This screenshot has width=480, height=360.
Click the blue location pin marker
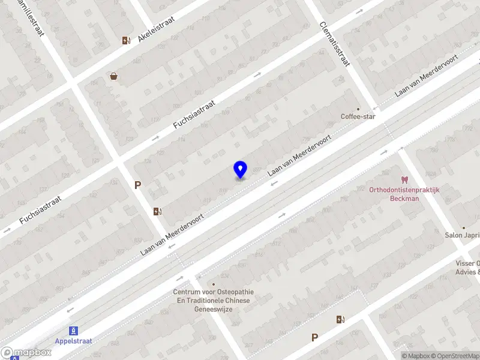point(240,169)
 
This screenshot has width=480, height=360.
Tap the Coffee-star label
point(358,116)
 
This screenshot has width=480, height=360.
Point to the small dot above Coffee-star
point(359,109)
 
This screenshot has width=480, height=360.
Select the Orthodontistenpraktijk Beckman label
point(404,194)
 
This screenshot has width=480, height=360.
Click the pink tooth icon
point(404,179)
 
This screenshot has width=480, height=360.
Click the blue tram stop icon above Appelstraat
point(73,330)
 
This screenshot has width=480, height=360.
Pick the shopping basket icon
point(113,76)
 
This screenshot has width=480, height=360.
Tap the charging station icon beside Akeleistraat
point(125,40)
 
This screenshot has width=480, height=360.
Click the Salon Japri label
point(462,235)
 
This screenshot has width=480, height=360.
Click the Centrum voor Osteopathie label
point(214,300)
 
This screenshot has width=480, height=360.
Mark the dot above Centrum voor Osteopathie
point(213,284)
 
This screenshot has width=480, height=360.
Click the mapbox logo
point(26,352)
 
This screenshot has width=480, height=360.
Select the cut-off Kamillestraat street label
point(31,17)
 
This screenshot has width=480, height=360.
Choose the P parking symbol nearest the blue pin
point(137,185)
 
